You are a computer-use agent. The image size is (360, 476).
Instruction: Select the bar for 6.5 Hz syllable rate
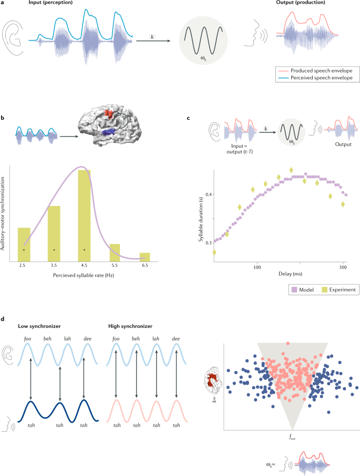pyautogui.click(x=145, y=256)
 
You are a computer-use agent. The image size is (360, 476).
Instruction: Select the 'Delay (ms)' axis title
pyautogui.click(x=279, y=274)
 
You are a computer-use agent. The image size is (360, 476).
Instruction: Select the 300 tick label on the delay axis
pyautogui.click(x=343, y=267)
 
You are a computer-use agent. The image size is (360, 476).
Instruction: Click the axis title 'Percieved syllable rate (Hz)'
pyautogui.click(x=84, y=277)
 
